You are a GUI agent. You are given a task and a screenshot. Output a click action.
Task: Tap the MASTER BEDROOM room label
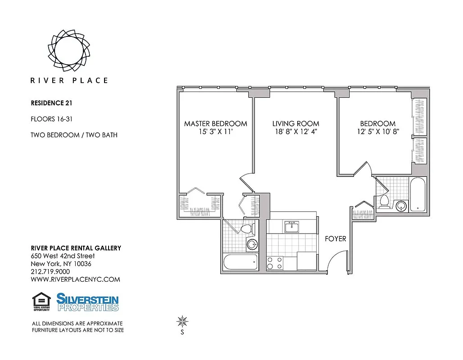click(215, 123)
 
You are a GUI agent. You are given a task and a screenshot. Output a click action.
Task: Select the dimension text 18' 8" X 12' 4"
click(295, 132)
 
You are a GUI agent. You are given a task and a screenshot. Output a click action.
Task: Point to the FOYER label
click(336, 238)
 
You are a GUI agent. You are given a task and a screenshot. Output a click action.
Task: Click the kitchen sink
click(292, 227)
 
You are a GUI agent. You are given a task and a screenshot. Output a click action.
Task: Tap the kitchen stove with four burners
click(275, 263)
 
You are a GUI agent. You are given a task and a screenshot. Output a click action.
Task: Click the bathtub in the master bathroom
click(241, 262)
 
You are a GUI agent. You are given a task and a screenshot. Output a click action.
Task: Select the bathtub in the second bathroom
click(417, 194)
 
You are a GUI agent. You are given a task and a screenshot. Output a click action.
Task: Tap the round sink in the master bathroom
click(252, 245)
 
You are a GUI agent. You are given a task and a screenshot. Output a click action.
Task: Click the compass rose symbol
click(182, 321)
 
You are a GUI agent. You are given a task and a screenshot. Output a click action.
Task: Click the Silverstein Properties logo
click(87, 302)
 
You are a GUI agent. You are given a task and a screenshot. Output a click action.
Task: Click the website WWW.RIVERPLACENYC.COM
click(75, 279)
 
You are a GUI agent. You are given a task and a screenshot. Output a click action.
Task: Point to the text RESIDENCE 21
click(51, 103)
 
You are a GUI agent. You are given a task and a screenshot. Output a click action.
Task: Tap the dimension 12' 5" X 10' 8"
click(377, 132)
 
